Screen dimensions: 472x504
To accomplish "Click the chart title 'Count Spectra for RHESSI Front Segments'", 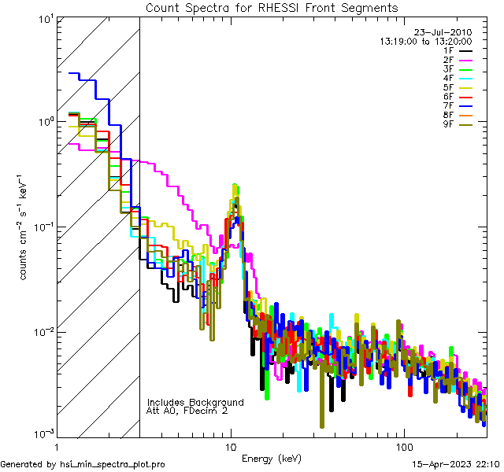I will (x=272, y=8).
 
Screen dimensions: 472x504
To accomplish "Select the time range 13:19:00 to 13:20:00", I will (x=426, y=41).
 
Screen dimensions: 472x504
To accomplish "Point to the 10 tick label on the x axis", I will (x=232, y=446).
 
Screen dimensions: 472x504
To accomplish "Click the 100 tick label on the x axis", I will (x=403, y=446).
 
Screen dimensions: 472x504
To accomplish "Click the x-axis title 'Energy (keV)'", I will (x=271, y=459).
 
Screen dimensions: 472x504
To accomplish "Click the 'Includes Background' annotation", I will (x=195, y=402).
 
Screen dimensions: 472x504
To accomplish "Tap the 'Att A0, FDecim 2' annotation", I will (x=187, y=411).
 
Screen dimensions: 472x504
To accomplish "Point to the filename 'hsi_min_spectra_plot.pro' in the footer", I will (x=113, y=464).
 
